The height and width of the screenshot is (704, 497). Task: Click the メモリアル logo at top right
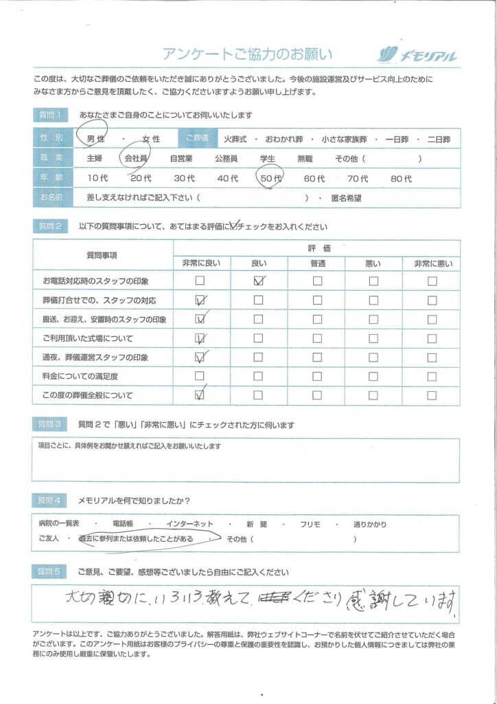pyautogui.click(x=417, y=56)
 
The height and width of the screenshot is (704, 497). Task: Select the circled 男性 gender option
pyautogui.click(x=94, y=139)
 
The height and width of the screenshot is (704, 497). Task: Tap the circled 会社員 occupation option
pyautogui.click(x=135, y=158)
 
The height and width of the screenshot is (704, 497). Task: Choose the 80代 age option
pyautogui.click(x=401, y=178)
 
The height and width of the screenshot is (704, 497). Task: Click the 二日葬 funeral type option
pyautogui.click(x=438, y=139)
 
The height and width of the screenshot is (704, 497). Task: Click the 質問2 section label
pyautogui.click(x=49, y=226)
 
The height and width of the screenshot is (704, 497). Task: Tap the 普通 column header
pyautogui.click(x=317, y=263)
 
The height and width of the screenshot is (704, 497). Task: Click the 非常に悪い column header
pyautogui.click(x=432, y=263)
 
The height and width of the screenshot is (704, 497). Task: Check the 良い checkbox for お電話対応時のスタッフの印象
pyautogui.click(x=259, y=280)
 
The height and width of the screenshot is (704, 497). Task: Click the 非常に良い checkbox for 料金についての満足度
pyautogui.click(x=200, y=376)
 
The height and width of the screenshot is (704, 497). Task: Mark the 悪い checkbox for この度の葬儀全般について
pyautogui.click(x=373, y=395)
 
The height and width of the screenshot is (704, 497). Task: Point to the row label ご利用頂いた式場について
pyautogui.click(x=88, y=338)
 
